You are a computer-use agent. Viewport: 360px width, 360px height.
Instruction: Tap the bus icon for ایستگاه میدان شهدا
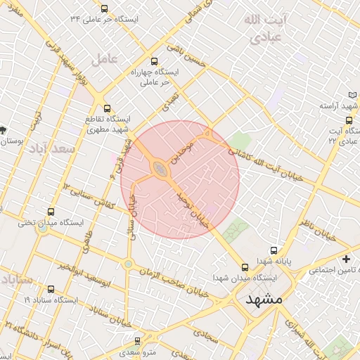pos(245,267)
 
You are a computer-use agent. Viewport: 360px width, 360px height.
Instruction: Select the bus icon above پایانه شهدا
pos(274,250)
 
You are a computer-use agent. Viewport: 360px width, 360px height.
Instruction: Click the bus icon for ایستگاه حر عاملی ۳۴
pos(105,9)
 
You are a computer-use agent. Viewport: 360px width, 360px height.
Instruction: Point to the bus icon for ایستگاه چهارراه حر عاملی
pos(155,61)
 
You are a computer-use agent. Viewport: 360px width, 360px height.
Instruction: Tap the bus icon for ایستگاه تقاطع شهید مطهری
pos(107,109)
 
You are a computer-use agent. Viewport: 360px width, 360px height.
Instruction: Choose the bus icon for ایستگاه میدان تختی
pos(51,212)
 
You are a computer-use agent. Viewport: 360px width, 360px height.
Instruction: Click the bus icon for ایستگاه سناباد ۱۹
pos(50,289)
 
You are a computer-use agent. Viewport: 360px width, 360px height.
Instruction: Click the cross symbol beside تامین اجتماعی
pos(346,259)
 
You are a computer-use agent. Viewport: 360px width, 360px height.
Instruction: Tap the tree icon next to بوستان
pos(4,130)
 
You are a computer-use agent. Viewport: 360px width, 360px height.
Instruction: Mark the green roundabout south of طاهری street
pos(128,264)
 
